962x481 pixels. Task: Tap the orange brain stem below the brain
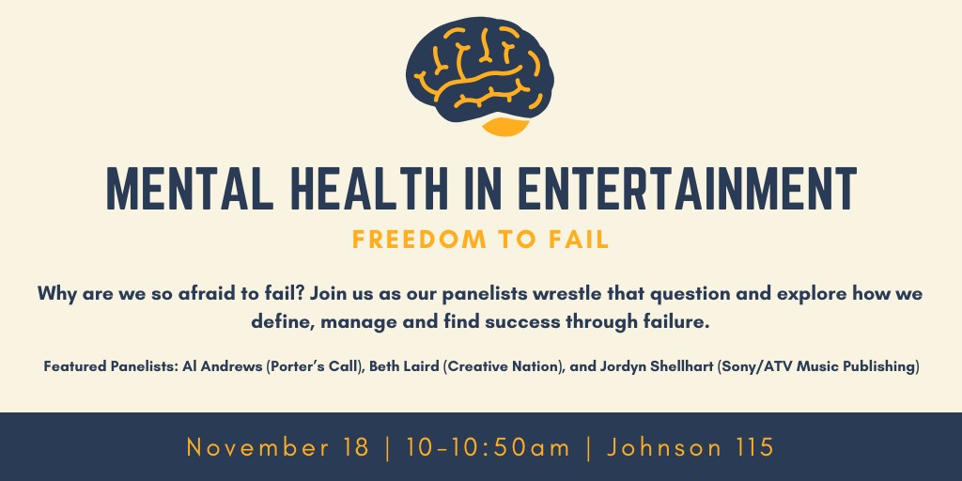(x=505, y=127)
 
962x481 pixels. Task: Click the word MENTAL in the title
(x=190, y=188)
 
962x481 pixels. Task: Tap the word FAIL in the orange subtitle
(x=579, y=240)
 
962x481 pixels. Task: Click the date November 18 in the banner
(x=278, y=447)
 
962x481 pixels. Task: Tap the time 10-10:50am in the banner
(x=489, y=447)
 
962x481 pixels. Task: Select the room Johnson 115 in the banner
(x=690, y=447)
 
